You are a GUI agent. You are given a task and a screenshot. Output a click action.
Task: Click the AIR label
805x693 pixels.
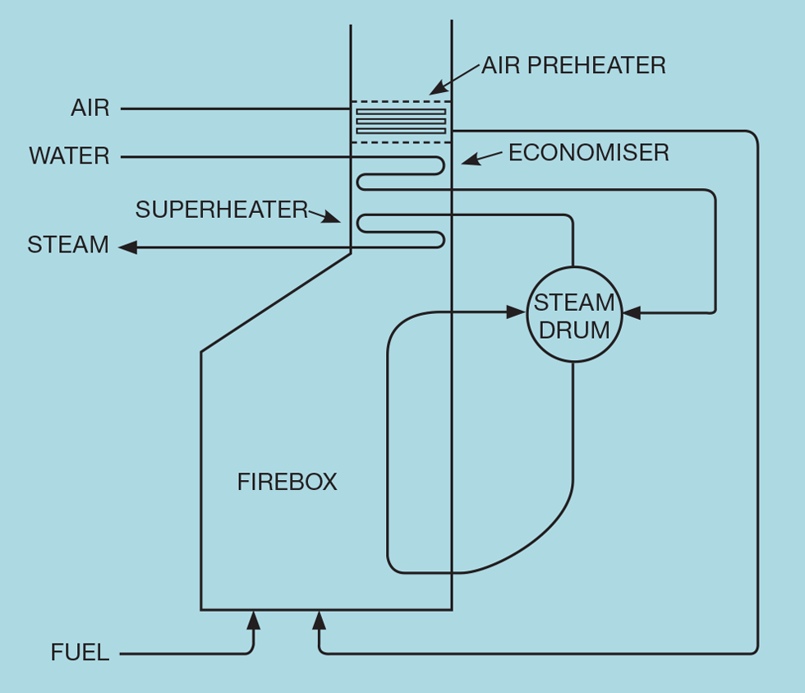pyautogui.click(x=90, y=109)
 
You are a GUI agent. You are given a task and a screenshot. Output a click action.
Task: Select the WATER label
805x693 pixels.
pyautogui.click(x=69, y=156)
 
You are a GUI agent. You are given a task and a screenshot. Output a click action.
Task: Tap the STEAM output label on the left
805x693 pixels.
pyautogui.click(x=68, y=245)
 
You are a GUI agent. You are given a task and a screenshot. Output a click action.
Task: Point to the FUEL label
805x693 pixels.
pyautogui.click(x=80, y=654)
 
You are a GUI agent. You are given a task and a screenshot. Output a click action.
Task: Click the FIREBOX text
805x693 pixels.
pyautogui.click(x=287, y=482)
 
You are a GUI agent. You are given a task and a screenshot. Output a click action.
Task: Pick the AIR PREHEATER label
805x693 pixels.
pyautogui.click(x=573, y=66)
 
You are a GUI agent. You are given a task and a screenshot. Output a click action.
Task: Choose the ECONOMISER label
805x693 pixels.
pyautogui.click(x=588, y=153)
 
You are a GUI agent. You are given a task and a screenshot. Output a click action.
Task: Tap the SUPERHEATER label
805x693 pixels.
pyautogui.click(x=222, y=210)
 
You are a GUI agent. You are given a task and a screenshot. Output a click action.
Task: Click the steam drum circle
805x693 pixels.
pyautogui.click(x=573, y=314)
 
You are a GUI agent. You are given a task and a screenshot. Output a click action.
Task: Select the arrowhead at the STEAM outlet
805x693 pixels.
pyautogui.click(x=127, y=247)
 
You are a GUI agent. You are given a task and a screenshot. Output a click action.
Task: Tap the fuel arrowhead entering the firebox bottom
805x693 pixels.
pyautogui.click(x=253, y=620)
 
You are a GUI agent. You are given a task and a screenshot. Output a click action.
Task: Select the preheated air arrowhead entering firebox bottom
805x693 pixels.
pyautogui.click(x=320, y=620)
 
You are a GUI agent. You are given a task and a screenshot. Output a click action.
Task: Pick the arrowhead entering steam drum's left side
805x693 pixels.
pyautogui.click(x=517, y=312)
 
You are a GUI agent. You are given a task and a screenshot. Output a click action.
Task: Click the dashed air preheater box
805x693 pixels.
pyautogui.click(x=402, y=122)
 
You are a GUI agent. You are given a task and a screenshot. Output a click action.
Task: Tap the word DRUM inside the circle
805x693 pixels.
pyautogui.click(x=573, y=330)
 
